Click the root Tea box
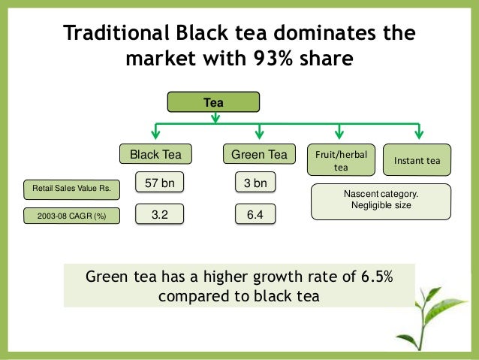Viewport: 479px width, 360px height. pyautogui.click(x=215, y=101)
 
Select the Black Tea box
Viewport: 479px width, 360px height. pyautogui.click(x=155, y=155)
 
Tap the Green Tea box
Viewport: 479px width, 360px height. pyautogui.click(x=258, y=155)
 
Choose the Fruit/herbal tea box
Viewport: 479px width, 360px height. pyautogui.click(x=339, y=160)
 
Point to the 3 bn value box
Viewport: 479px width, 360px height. pyautogui.click(x=255, y=183)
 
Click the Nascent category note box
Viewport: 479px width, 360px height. pyautogui.click(x=383, y=199)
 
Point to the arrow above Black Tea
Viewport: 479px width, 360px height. pyautogui.click(x=155, y=132)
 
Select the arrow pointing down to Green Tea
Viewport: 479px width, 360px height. pyautogui.click(x=259, y=132)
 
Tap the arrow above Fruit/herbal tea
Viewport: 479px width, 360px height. pyautogui.click(x=339, y=132)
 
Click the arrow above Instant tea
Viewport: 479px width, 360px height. pyautogui.click(x=417, y=132)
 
